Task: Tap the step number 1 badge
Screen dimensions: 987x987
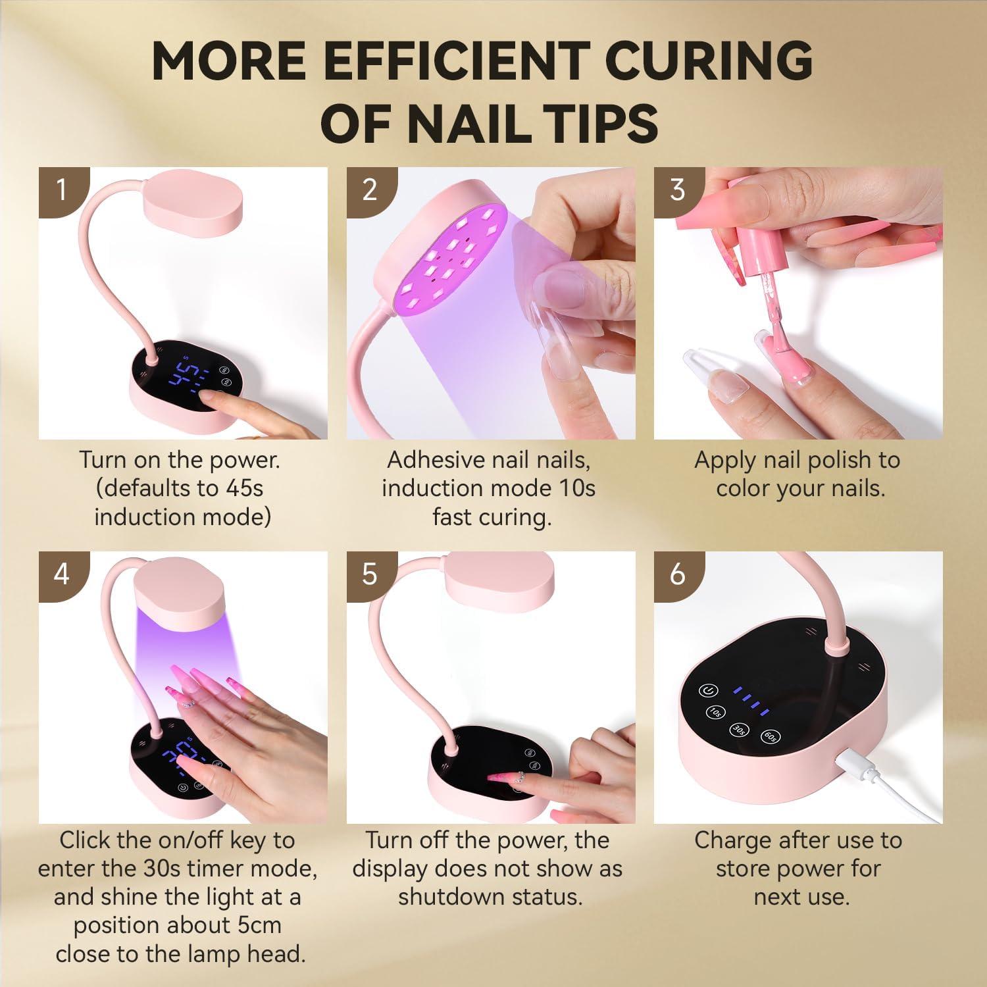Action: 62,190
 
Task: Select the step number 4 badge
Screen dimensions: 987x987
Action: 62,574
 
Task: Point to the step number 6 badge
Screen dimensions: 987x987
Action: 678,574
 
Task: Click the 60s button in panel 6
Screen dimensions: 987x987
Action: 771,738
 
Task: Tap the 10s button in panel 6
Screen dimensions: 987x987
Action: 715,712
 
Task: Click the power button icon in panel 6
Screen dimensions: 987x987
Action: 708,691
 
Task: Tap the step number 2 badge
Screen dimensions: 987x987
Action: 370,190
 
